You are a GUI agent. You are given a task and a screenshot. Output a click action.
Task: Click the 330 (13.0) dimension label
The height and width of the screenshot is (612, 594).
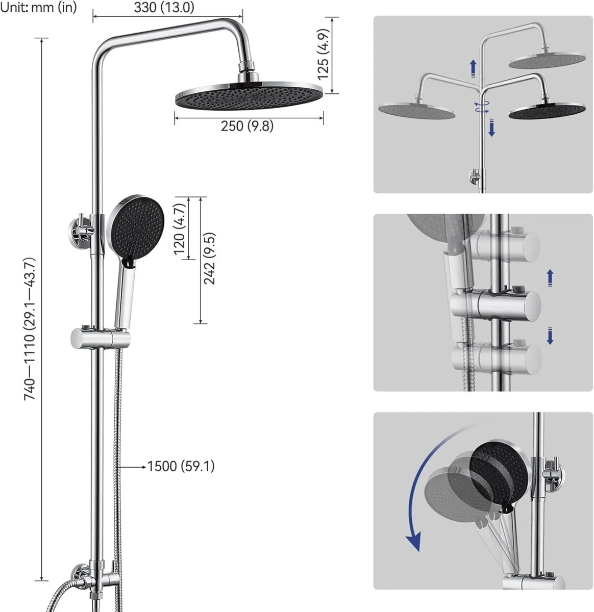tap(164, 7)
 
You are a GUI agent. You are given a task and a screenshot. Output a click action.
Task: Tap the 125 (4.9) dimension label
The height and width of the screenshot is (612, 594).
tap(324, 55)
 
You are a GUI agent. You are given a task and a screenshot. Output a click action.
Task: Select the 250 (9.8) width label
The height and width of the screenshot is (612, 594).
tap(247, 126)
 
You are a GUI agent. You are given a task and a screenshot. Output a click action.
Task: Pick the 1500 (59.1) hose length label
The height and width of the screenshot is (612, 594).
tap(181, 466)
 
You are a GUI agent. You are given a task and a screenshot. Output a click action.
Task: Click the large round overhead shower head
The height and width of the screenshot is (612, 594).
tap(249, 96)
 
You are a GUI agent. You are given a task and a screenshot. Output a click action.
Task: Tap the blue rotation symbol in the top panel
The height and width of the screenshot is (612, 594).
tap(481, 107)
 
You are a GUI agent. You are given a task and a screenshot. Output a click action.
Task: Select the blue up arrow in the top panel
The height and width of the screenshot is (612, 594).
tap(473, 68)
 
